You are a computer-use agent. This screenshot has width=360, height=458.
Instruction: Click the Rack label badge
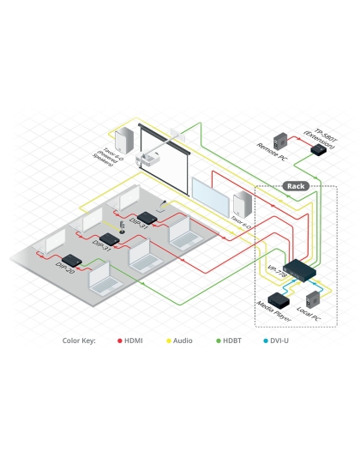click(x=296, y=186)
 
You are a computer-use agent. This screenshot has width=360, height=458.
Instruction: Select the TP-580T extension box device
click(x=318, y=150)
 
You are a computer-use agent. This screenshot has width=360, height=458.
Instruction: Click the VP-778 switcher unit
click(x=301, y=271)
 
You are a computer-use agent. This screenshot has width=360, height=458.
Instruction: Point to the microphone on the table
click(x=122, y=226)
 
